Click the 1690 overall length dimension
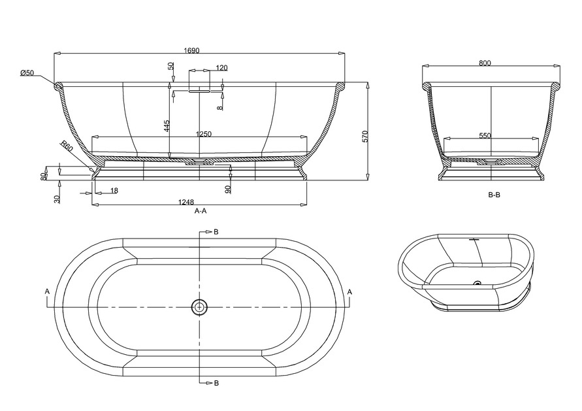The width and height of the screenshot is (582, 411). (x=193, y=50)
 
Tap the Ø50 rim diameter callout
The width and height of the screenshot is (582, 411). (x=27, y=73)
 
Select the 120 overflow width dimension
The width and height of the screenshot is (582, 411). (x=221, y=67)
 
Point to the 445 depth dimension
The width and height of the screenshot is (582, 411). (x=167, y=126)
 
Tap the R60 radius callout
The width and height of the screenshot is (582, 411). (x=67, y=146)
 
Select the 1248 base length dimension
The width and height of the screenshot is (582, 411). (x=186, y=202)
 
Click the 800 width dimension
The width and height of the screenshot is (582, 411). (x=485, y=63)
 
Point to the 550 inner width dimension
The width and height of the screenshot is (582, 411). (x=485, y=136)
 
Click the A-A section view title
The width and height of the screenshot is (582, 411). (x=201, y=211)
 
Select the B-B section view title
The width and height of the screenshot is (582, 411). (x=494, y=195)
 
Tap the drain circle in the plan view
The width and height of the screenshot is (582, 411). (x=199, y=307)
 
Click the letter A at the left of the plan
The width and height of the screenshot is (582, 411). (x=47, y=292)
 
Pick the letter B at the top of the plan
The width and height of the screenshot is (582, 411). (x=216, y=232)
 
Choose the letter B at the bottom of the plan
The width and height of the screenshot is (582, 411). (x=216, y=383)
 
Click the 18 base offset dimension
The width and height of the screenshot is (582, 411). (x=114, y=190)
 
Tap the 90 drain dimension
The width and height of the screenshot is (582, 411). (x=228, y=189)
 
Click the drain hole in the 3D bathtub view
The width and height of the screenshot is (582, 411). (x=477, y=284)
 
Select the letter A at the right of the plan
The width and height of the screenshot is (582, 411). (x=349, y=292)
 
